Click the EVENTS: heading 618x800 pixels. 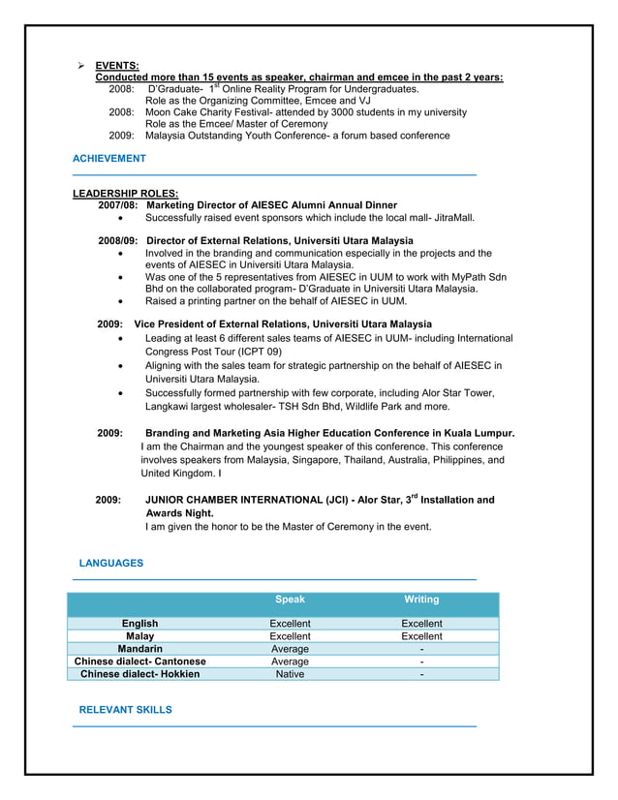tap(116, 66)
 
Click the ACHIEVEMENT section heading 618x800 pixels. tap(109, 158)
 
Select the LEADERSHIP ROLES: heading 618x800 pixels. tap(125, 194)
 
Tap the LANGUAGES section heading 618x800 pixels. tap(110, 563)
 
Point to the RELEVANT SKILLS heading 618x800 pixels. tap(125, 710)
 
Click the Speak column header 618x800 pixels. tap(290, 600)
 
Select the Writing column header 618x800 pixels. tap(421, 600)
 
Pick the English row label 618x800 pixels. tap(140, 624)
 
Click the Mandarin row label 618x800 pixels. tap(139, 649)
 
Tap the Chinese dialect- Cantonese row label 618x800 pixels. tap(140, 662)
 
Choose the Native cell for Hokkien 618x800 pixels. tap(290, 674)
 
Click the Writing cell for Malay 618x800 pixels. tap(421, 636)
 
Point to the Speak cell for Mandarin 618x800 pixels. tap(290, 649)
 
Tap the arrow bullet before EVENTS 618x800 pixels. tap(82, 66)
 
